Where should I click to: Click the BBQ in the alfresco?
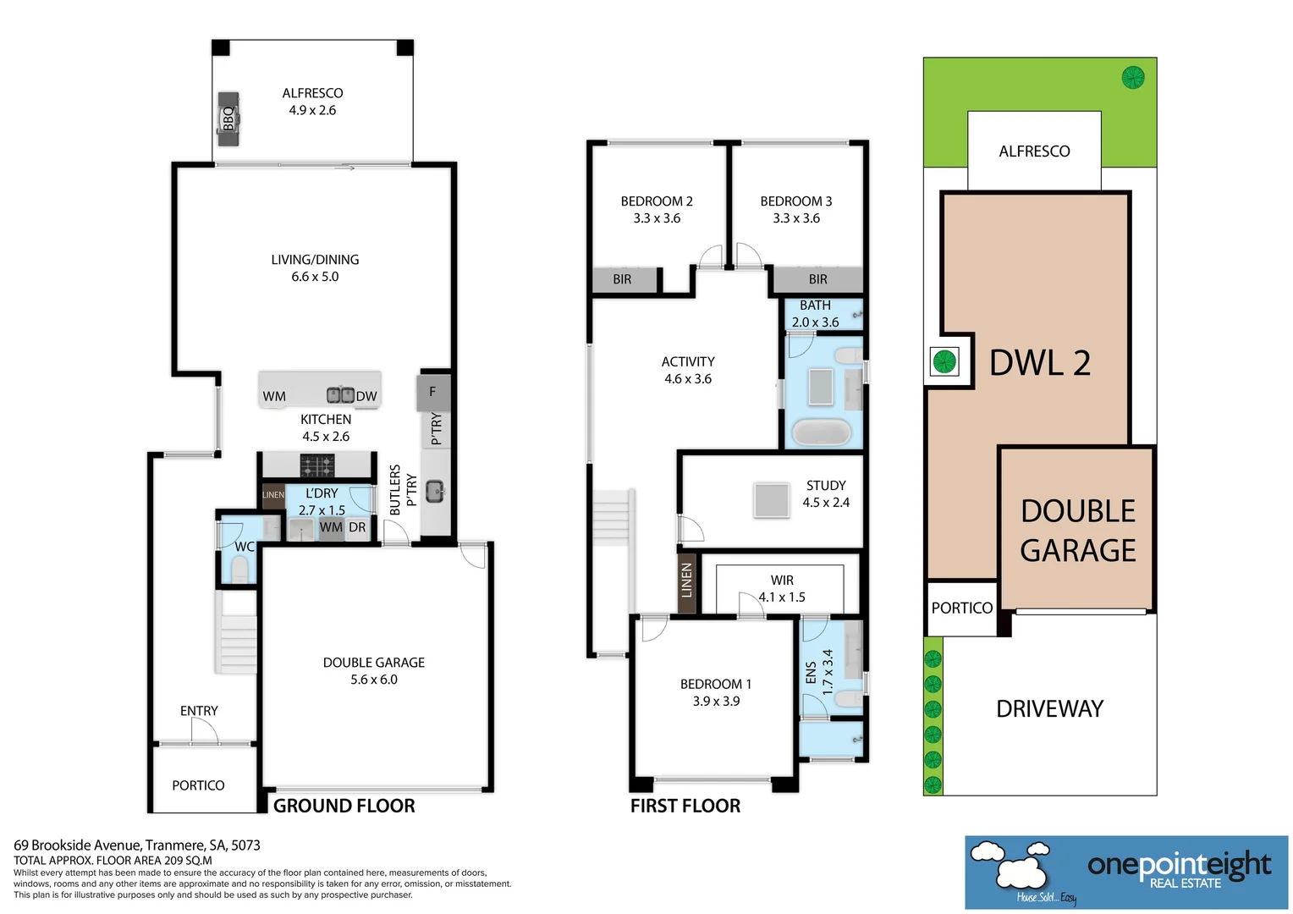tap(228, 119)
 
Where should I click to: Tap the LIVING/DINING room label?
tap(315, 260)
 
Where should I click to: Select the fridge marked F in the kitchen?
tap(433, 393)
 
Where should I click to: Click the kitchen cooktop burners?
tap(316, 465)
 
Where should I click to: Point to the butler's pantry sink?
tap(435, 492)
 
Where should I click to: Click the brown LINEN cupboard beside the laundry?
tap(273, 495)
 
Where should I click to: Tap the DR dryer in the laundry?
tap(357, 528)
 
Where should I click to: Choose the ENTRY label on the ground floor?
tap(199, 711)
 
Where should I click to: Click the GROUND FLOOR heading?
tap(344, 806)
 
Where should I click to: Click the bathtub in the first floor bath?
tap(821, 432)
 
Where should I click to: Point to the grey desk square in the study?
tap(771, 500)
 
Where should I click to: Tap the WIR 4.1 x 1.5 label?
tap(782, 588)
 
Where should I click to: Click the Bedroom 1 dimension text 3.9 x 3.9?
tap(716, 701)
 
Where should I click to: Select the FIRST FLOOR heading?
tap(685, 806)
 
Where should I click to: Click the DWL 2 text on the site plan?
tap(1040, 363)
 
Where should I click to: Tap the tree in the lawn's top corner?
tap(1132, 77)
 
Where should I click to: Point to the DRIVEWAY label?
tap(1049, 709)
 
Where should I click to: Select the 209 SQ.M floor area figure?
tap(188, 861)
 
